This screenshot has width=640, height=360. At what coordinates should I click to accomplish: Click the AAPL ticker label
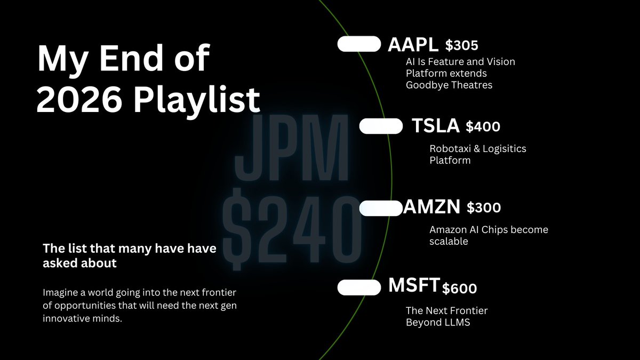(413, 45)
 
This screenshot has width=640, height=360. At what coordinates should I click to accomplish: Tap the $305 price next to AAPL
(462, 46)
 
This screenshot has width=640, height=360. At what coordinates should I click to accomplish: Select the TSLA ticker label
(435, 126)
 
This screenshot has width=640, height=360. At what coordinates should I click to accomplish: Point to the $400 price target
(483, 127)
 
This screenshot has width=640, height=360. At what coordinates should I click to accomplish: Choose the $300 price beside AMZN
(484, 208)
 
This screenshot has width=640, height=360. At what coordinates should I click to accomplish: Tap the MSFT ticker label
(414, 286)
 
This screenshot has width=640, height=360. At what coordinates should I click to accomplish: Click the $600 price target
(459, 289)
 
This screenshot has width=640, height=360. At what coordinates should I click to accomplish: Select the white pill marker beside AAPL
(359, 44)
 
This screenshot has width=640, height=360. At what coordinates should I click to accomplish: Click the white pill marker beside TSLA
(381, 126)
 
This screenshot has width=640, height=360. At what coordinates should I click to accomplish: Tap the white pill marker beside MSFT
(359, 287)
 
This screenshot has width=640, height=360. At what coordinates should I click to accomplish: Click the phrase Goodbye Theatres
(449, 85)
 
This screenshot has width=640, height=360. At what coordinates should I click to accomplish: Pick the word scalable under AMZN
(449, 242)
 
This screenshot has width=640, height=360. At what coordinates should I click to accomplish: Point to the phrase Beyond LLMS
(438, 322)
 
